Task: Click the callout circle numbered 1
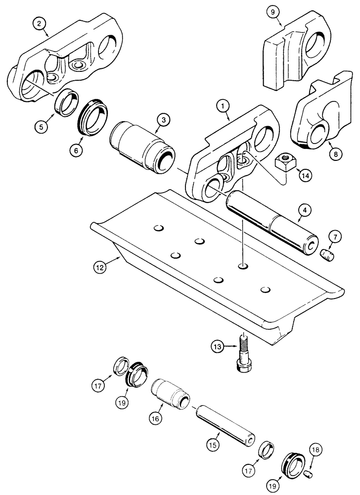pyautogui.click(x=223, y=105)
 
